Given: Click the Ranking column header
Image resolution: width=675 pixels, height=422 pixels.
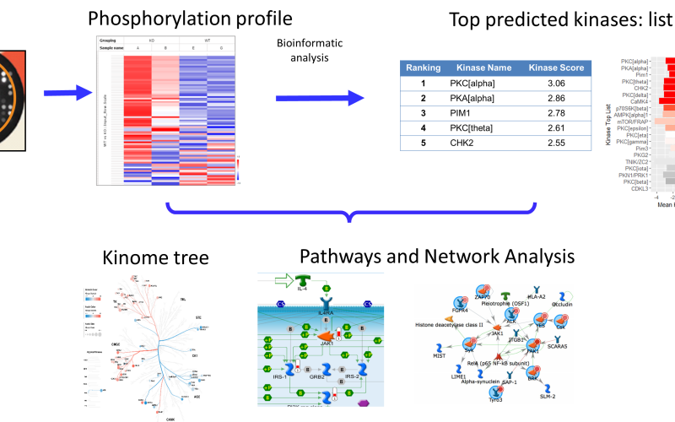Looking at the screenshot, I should click(423, 68).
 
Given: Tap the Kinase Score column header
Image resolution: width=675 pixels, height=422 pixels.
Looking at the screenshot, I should click(556, 68).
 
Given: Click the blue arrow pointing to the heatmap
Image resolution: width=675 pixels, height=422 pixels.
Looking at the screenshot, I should click(67, 92).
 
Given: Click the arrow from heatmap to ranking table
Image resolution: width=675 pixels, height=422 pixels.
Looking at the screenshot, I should click(320, 99).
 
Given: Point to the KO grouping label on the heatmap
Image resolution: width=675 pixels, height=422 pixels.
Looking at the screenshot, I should click(151, 39).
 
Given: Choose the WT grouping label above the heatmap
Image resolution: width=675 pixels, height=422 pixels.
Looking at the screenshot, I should click(207, 39).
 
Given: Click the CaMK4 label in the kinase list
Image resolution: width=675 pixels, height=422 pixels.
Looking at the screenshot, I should click(638, 101).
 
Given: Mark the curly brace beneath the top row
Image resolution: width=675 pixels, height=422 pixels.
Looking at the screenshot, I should click(351, 212).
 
